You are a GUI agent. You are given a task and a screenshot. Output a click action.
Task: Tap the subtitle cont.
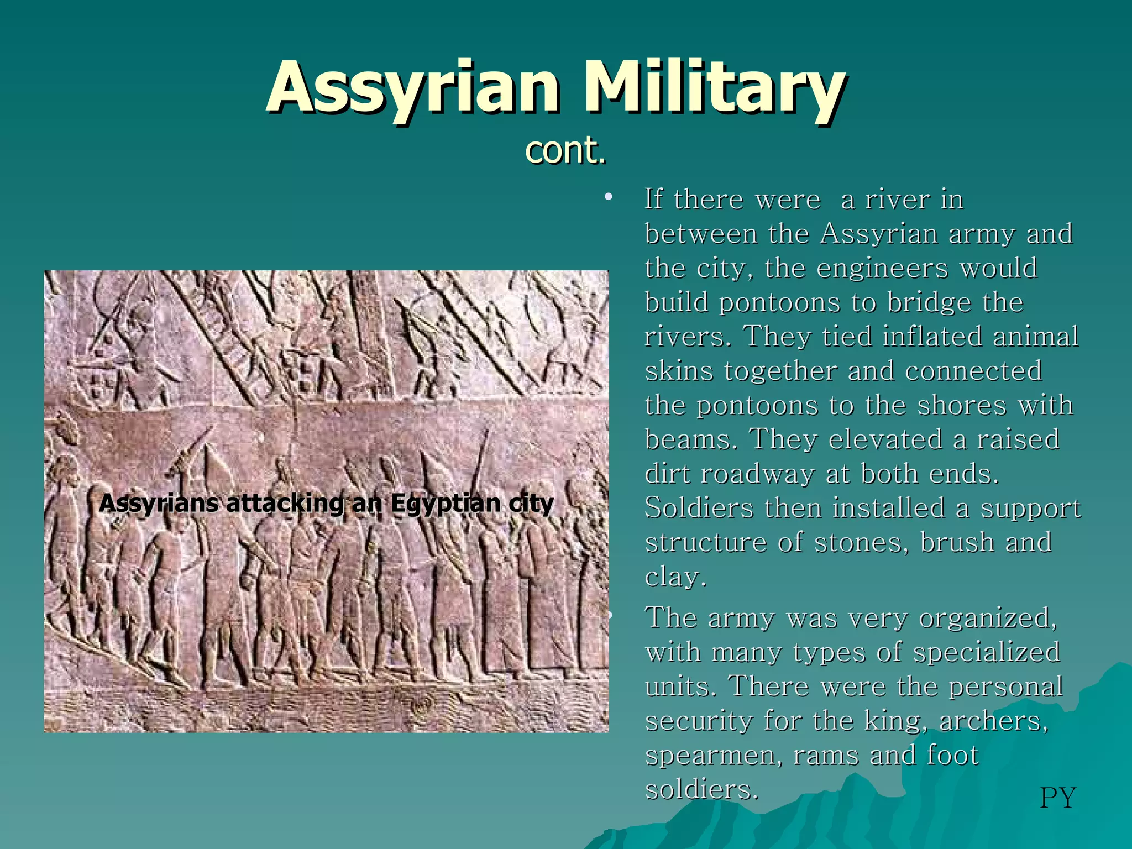[565, 150]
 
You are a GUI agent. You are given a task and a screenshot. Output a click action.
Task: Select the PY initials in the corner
[1057, 798]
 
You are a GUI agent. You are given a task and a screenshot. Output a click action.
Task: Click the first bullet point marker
[609, 198]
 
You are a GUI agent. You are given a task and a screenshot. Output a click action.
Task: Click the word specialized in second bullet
[986, 652]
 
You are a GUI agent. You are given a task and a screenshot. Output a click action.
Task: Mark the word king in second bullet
[892, 721]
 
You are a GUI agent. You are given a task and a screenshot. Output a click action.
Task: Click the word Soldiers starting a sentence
[699, 509]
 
